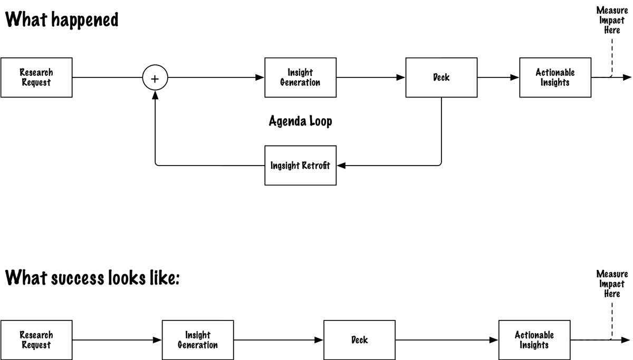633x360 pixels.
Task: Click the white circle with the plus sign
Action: tap(155, 79)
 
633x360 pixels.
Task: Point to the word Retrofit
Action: tap(315, 166)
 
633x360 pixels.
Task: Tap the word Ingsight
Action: tap(285, 166)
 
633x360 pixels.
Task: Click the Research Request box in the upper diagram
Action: tap(36, 77)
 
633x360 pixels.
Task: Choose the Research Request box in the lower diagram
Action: tap(36, 340)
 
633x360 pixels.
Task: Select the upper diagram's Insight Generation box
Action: tap(300, 77)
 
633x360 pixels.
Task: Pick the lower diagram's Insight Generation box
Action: tap(198, 340)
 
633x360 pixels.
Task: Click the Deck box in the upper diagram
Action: tap(442, 77)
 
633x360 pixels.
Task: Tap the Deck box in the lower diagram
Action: tap(359, 340)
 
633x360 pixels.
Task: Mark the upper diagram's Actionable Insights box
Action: tap(555, 77)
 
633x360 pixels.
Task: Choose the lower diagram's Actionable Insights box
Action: tap(534, 340)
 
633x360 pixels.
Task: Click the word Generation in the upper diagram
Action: tap(300, 83)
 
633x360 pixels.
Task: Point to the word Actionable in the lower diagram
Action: tap(534, 335)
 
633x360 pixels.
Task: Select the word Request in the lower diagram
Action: tap(36, 345)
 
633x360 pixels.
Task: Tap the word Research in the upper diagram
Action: tap(36, 73)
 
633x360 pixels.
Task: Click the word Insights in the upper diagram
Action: tap(555, 83)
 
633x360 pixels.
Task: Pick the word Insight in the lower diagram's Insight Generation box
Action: tap(198, 335)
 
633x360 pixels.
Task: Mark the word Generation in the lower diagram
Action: tap(198, 345)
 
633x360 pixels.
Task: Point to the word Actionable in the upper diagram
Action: tap(555, 73)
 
